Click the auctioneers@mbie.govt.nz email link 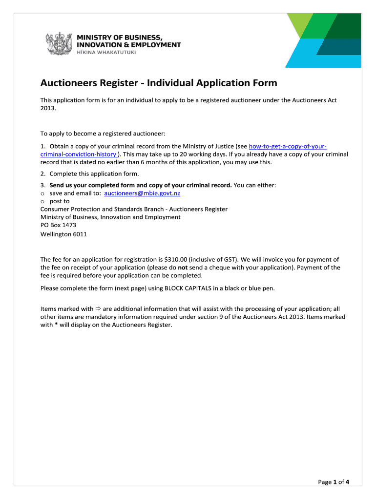[x=142, y=193]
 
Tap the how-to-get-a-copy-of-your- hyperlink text [x=288, y=146]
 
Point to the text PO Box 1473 [x=58, y=225]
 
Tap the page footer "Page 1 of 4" [x=334, y=482]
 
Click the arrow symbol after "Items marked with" [x=98, y=308]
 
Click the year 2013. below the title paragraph [x=48, y=108]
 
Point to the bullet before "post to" [x=42, y=201]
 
